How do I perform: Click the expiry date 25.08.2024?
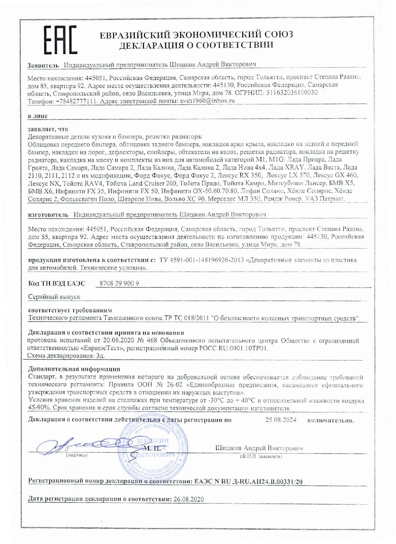[281, 420]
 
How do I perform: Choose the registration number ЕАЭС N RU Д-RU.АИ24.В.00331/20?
[248, 481]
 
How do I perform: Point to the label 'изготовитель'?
[47, 215]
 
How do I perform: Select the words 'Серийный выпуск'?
[54, 296]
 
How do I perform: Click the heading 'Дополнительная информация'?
[74, 369]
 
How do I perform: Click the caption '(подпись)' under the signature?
[76, 455]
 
